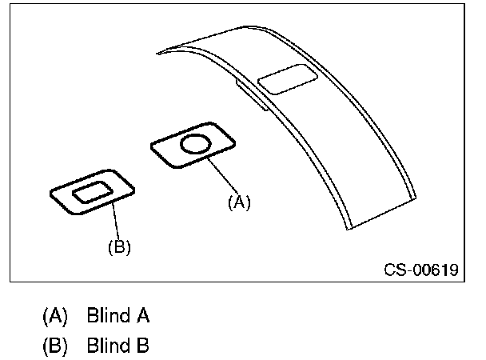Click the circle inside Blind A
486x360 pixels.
pyautogui.click(x=194, y=144)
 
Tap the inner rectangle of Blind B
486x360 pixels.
pyautogui.click(x=93, y=192)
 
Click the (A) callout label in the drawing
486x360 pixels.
pyautogui.click(x=239, y=202)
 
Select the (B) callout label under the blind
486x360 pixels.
pyautogui.click(x=119, y=247)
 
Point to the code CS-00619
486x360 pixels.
pyautogui.click(x=420, y=269)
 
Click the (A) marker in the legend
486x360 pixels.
pyautogui.click(x=55, y=316)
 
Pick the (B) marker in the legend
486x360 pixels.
pyautogui.click(x=55, y=346)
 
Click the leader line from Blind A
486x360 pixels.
pyautogui.click(x=223, y=176)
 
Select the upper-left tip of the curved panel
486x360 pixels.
pyautogui.click(x=159, y=53)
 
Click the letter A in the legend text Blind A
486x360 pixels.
pyautogui.click(x=142, y=316)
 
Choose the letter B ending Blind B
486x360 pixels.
pyautogui.click(x=142, y=346)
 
